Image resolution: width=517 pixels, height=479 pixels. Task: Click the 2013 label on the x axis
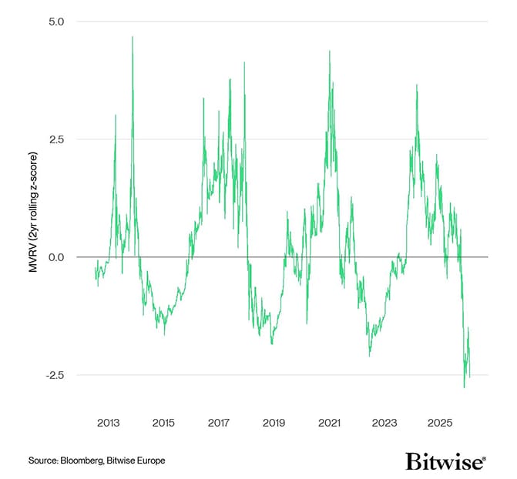point(108,423)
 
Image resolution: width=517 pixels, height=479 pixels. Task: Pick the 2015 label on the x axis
point(163,423)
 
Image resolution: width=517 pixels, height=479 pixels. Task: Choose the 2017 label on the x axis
point(219,423)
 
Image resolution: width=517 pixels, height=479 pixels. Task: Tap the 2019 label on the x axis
point(274,423)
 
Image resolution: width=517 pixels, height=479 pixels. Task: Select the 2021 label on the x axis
point(329,423)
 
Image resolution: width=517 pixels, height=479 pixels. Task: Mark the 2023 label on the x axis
point(384,423)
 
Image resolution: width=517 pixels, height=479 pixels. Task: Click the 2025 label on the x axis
point(440,423)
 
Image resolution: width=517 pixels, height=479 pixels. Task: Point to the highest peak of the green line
point(133,37)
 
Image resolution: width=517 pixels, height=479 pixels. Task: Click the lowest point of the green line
point(464,387)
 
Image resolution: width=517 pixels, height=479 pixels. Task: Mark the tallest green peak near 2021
point(330,52)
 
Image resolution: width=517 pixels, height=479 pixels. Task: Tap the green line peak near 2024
point(417,85)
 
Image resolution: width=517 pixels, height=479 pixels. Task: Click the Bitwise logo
point(445,461)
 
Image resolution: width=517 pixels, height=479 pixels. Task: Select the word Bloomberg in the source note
point(83,461)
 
